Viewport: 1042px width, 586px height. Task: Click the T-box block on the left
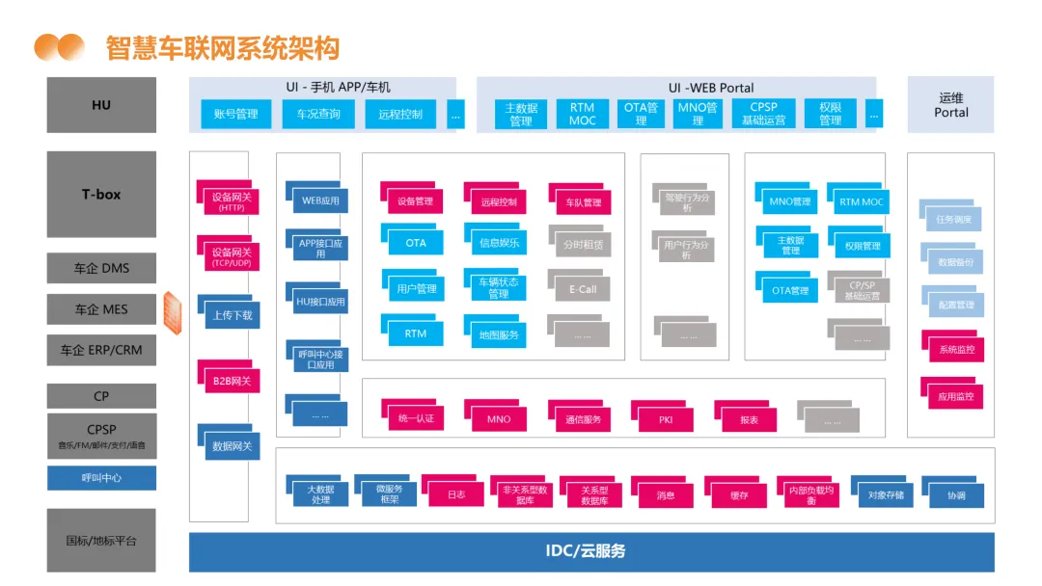(x=101, y=194)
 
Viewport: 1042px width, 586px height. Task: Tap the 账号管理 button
(x=235, y=114)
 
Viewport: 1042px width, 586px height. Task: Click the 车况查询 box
(x=318, y=114)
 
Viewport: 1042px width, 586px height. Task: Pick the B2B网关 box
(x=232, y=381)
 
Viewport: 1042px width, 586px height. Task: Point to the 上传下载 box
(x=232, y=314)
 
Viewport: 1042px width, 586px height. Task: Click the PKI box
(x=666, y=418)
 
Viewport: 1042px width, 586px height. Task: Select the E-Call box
(x=583, y=288)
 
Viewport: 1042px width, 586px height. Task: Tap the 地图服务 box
(x=499, y=334)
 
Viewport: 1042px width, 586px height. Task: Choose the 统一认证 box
(x=416, y=418)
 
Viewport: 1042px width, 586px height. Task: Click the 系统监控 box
(x=956, y=349)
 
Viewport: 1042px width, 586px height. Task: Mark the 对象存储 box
(x=885, y=495)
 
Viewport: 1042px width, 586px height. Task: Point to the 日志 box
(x=456, y=495)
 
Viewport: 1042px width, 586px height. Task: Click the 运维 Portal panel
(x=950, y=105)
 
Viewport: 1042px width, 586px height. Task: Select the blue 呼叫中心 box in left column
(x=101, y=478)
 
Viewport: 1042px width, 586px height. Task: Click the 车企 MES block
(x=101, y=309)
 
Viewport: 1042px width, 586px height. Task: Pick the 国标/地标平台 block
(x=101, y=541)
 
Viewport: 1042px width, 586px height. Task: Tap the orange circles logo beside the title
(x=59, y=46)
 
